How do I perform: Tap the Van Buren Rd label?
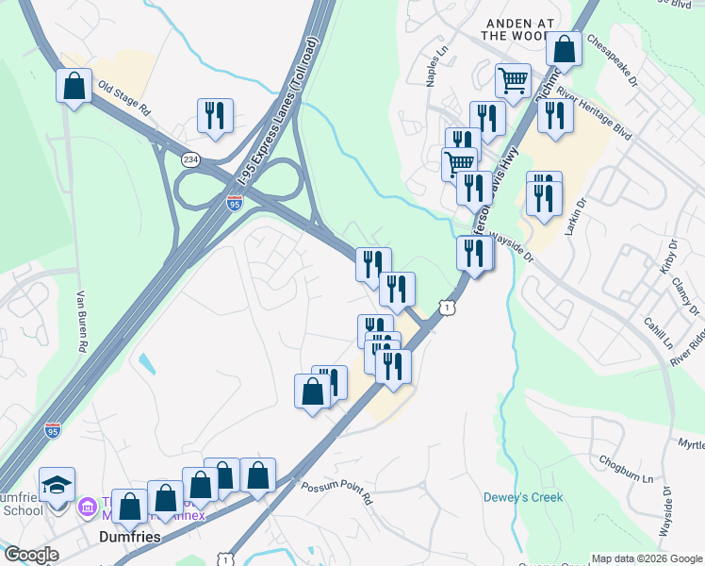coord(81,322)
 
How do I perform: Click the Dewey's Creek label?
coord(522,497)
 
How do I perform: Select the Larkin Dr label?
coord(574,219)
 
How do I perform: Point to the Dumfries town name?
coord(127,536)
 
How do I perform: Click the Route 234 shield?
coord(191,159)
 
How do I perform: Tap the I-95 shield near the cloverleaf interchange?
coord(235,203)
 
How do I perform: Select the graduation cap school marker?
coord(57,485)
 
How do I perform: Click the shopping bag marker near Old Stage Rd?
coord(74,86)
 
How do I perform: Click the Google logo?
coord(31,554)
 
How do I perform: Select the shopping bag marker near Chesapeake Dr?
coord(564,49)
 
